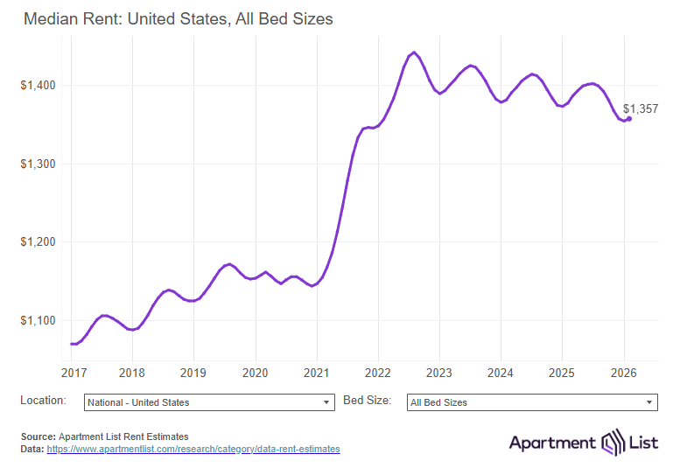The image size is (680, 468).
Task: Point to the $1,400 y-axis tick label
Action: pos(39,86)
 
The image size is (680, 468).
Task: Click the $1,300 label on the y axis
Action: pos(39,164)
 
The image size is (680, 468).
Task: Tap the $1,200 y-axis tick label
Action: pos(39,242)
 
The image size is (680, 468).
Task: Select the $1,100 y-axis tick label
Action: pos(39,321)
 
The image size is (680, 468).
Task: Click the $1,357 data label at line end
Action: pos(641,109)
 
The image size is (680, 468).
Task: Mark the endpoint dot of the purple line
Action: pos(629,119)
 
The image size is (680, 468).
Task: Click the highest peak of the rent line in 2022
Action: pos(414,52)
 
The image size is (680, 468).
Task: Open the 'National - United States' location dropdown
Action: pos(209,402)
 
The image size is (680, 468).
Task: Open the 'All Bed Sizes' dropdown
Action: pos(532,402)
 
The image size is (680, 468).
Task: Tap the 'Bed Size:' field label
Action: pos(365,401)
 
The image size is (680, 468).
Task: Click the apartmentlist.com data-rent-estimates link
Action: pos(193,449)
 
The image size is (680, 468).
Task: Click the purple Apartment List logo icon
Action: pos(610,443)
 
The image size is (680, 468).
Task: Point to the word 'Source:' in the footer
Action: pos(39,436)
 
